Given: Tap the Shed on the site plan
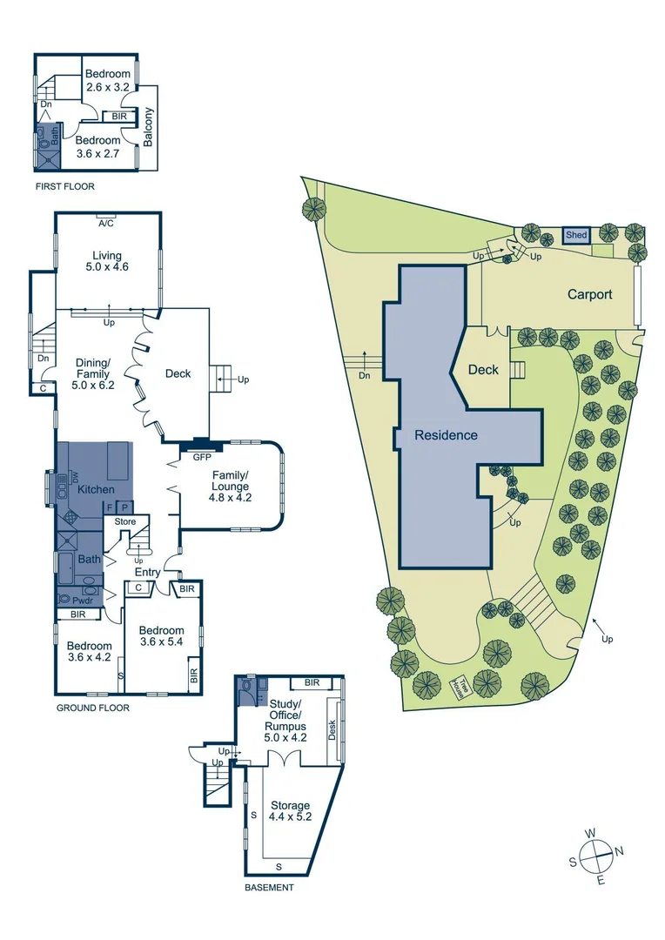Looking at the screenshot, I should point(576,235).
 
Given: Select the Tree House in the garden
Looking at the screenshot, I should point(458,688).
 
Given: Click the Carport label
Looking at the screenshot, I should point(589,294).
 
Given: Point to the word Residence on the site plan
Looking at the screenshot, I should point(446,434).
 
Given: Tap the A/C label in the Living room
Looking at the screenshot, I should point(107,223).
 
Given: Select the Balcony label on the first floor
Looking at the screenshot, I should point(148,126).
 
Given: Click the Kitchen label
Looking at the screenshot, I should point(96,489).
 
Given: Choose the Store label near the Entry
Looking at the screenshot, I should point(125,521).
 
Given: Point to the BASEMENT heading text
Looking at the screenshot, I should point(269,888).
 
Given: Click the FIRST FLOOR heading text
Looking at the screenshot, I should point(65,186).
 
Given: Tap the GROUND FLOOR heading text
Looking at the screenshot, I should point(93,708).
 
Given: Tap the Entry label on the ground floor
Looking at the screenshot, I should point(147,572).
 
